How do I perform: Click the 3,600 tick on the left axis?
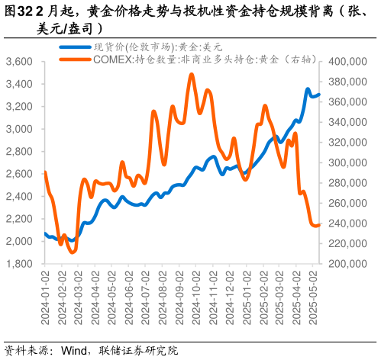click(x=18, y=61)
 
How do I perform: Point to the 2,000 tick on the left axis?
click(x=18, y=241)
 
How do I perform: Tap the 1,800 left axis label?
click(x=18, y=264)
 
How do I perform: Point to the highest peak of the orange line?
click(x=191, y=74)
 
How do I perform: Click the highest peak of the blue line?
click(x=308, y=89)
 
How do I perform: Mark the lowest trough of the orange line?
click(x=73, y=252)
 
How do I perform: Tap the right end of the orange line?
click(x=319, y=224)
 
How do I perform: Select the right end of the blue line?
click(x=319, y=95)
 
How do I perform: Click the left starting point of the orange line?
click(x=45, y=172)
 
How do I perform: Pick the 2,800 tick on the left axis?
click(x=18, y=151)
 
